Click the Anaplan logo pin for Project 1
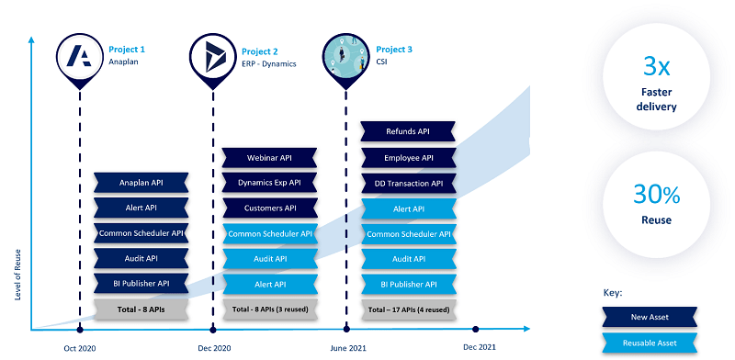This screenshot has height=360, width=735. [x=79, y=55]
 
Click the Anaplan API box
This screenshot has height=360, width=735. [x=141, y=183]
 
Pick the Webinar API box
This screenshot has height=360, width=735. [x=269, y=158]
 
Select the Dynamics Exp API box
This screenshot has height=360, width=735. [x=269, y=183]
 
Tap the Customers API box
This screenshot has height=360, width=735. [x=269, y=208]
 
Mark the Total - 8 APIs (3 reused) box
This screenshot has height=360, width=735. [x=269, y=309]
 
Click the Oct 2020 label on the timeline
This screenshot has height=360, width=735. [x=80, y=348]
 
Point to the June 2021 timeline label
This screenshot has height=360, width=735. [x=347, y=348]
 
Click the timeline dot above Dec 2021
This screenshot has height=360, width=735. [x=476, y=328]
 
